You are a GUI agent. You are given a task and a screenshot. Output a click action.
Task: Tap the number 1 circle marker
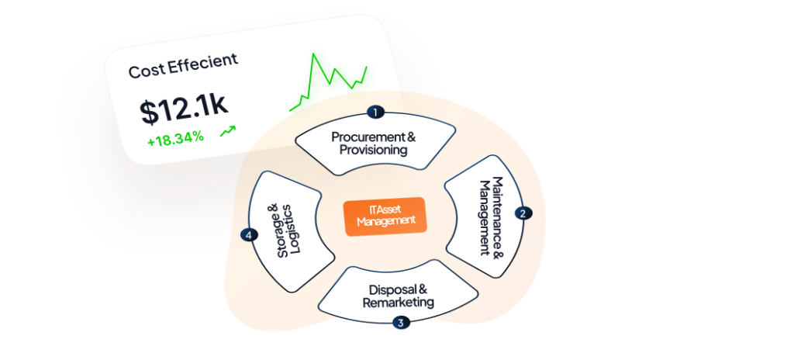[x=376, y=112]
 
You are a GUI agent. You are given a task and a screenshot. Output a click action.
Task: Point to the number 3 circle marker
[x=400, y=322]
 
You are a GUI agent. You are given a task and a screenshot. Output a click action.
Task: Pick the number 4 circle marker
[x=248, y=234]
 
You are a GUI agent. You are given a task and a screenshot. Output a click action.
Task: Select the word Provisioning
[x=373, y=150]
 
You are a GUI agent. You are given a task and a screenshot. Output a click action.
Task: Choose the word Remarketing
[x=398, y=302]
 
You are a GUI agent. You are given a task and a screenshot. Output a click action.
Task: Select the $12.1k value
[x=185, y=110]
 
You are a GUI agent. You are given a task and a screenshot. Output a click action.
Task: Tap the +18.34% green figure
[x=175, y=137]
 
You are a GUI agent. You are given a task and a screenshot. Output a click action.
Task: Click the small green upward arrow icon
[x=227, y=132]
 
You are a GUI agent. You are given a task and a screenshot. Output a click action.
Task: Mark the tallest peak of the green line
[x=313, y=54]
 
